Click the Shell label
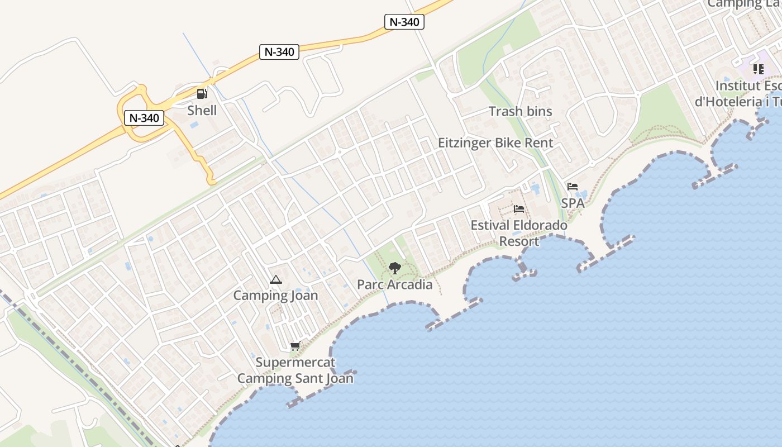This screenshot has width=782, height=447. [202, 110]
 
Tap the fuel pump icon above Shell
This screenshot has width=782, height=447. [202, 94]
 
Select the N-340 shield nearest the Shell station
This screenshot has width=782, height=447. [144, 118]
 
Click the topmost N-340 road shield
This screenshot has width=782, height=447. [404, 22]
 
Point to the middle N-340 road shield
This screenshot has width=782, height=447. [279, 52]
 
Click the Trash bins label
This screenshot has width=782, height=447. [520, 111]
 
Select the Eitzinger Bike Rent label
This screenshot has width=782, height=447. [495, 142]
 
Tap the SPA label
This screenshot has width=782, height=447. [573, 203]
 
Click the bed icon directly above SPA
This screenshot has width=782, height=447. [572, 187]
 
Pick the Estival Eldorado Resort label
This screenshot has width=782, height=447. [519, 233]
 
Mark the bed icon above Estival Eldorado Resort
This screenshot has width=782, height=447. [519, 209]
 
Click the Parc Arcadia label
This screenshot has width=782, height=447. [394, 284]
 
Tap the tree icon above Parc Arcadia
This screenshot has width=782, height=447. [395, 268]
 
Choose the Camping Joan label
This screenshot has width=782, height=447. [275, 296]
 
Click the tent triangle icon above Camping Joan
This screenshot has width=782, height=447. [275, 279]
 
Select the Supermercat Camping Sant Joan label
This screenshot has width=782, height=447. [295, 370]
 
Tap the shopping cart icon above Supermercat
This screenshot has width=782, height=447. [295, 346]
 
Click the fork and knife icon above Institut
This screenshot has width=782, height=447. [758, 69]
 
